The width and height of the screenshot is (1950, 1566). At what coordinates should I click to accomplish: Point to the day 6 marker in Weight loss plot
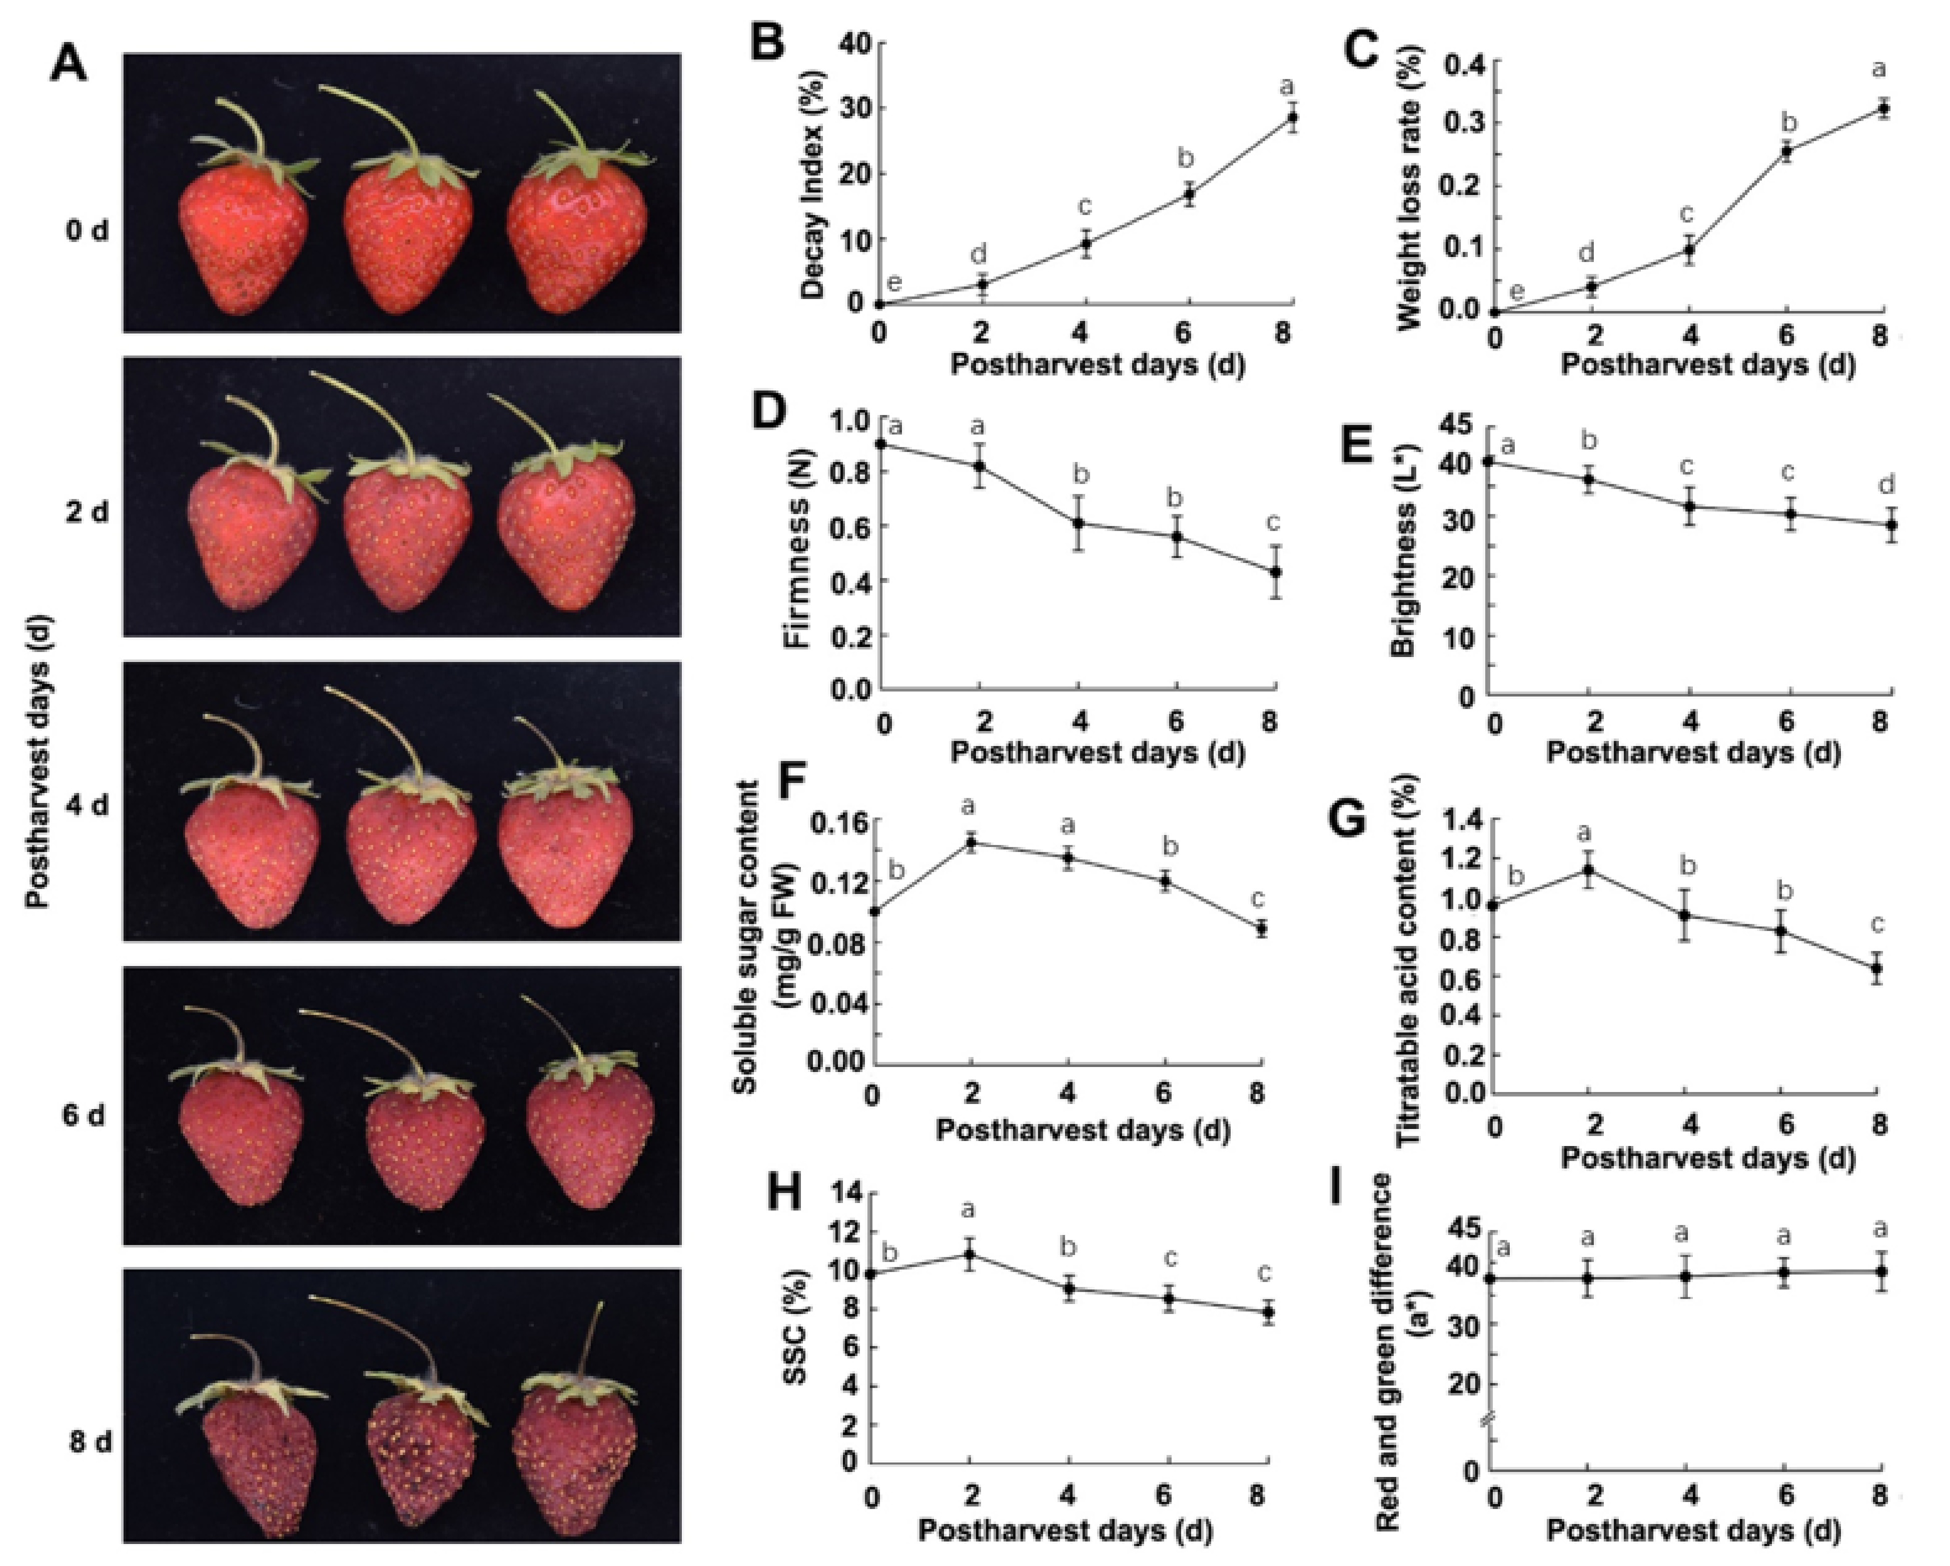1786,151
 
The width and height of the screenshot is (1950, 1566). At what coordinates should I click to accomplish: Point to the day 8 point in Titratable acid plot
1877,967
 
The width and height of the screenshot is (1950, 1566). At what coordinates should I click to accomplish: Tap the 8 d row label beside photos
90,1441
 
